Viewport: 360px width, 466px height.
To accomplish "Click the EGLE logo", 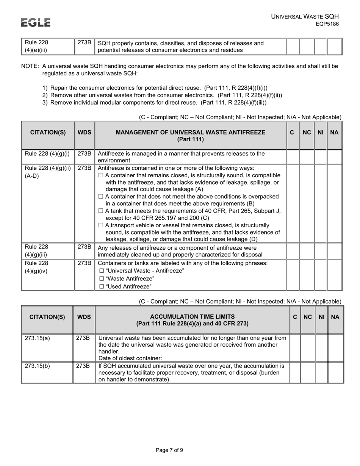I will [x=36, y=23].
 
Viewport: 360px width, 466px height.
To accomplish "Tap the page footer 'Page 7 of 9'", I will [x=169, y=450].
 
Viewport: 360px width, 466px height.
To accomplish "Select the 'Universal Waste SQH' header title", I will [x=305, y=16].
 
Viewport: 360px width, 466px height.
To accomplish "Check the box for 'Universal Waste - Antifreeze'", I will [x=101, y=271].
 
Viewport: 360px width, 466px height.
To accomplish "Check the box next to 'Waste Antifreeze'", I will [x=101, y=278].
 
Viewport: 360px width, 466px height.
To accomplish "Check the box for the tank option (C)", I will [x=101, y=211].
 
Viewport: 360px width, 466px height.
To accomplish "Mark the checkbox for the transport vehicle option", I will [x=101, y=225].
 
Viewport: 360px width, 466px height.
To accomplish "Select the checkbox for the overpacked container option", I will [x=101, y=197].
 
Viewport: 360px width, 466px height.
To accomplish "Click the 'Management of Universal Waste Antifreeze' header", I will [x=191, y=136].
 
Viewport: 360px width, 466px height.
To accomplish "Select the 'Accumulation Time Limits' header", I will [x=192, y=320].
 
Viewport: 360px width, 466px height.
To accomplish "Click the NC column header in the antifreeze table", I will [x=307, y=133].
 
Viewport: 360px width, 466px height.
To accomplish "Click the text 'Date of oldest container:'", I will [x=130, y=358].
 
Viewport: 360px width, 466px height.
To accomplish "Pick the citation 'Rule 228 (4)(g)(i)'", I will [x=47, y=153].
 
